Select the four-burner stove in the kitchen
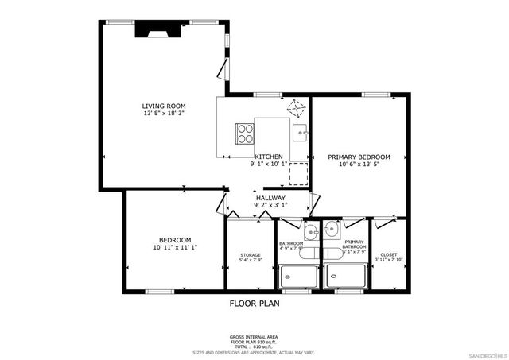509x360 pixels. (243, 134)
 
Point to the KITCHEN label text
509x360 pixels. (270, 157)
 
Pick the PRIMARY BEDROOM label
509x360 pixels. (359, 157)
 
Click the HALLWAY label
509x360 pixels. (270, 197)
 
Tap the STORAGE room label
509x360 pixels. (250, 255)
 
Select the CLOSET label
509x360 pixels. (389, 254)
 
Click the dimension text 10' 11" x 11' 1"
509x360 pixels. (174, 248)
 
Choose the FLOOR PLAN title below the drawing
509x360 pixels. (254, 303)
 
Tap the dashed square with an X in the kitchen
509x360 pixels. (297, 107)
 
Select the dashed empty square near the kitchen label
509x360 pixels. (297, 172)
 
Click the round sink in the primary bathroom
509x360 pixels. (332, 232)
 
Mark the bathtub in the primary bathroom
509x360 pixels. (344, 276)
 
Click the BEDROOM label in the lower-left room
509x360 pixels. (174, 240)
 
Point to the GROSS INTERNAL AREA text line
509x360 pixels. (254, 338)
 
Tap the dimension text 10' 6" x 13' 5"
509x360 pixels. (359, 165)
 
